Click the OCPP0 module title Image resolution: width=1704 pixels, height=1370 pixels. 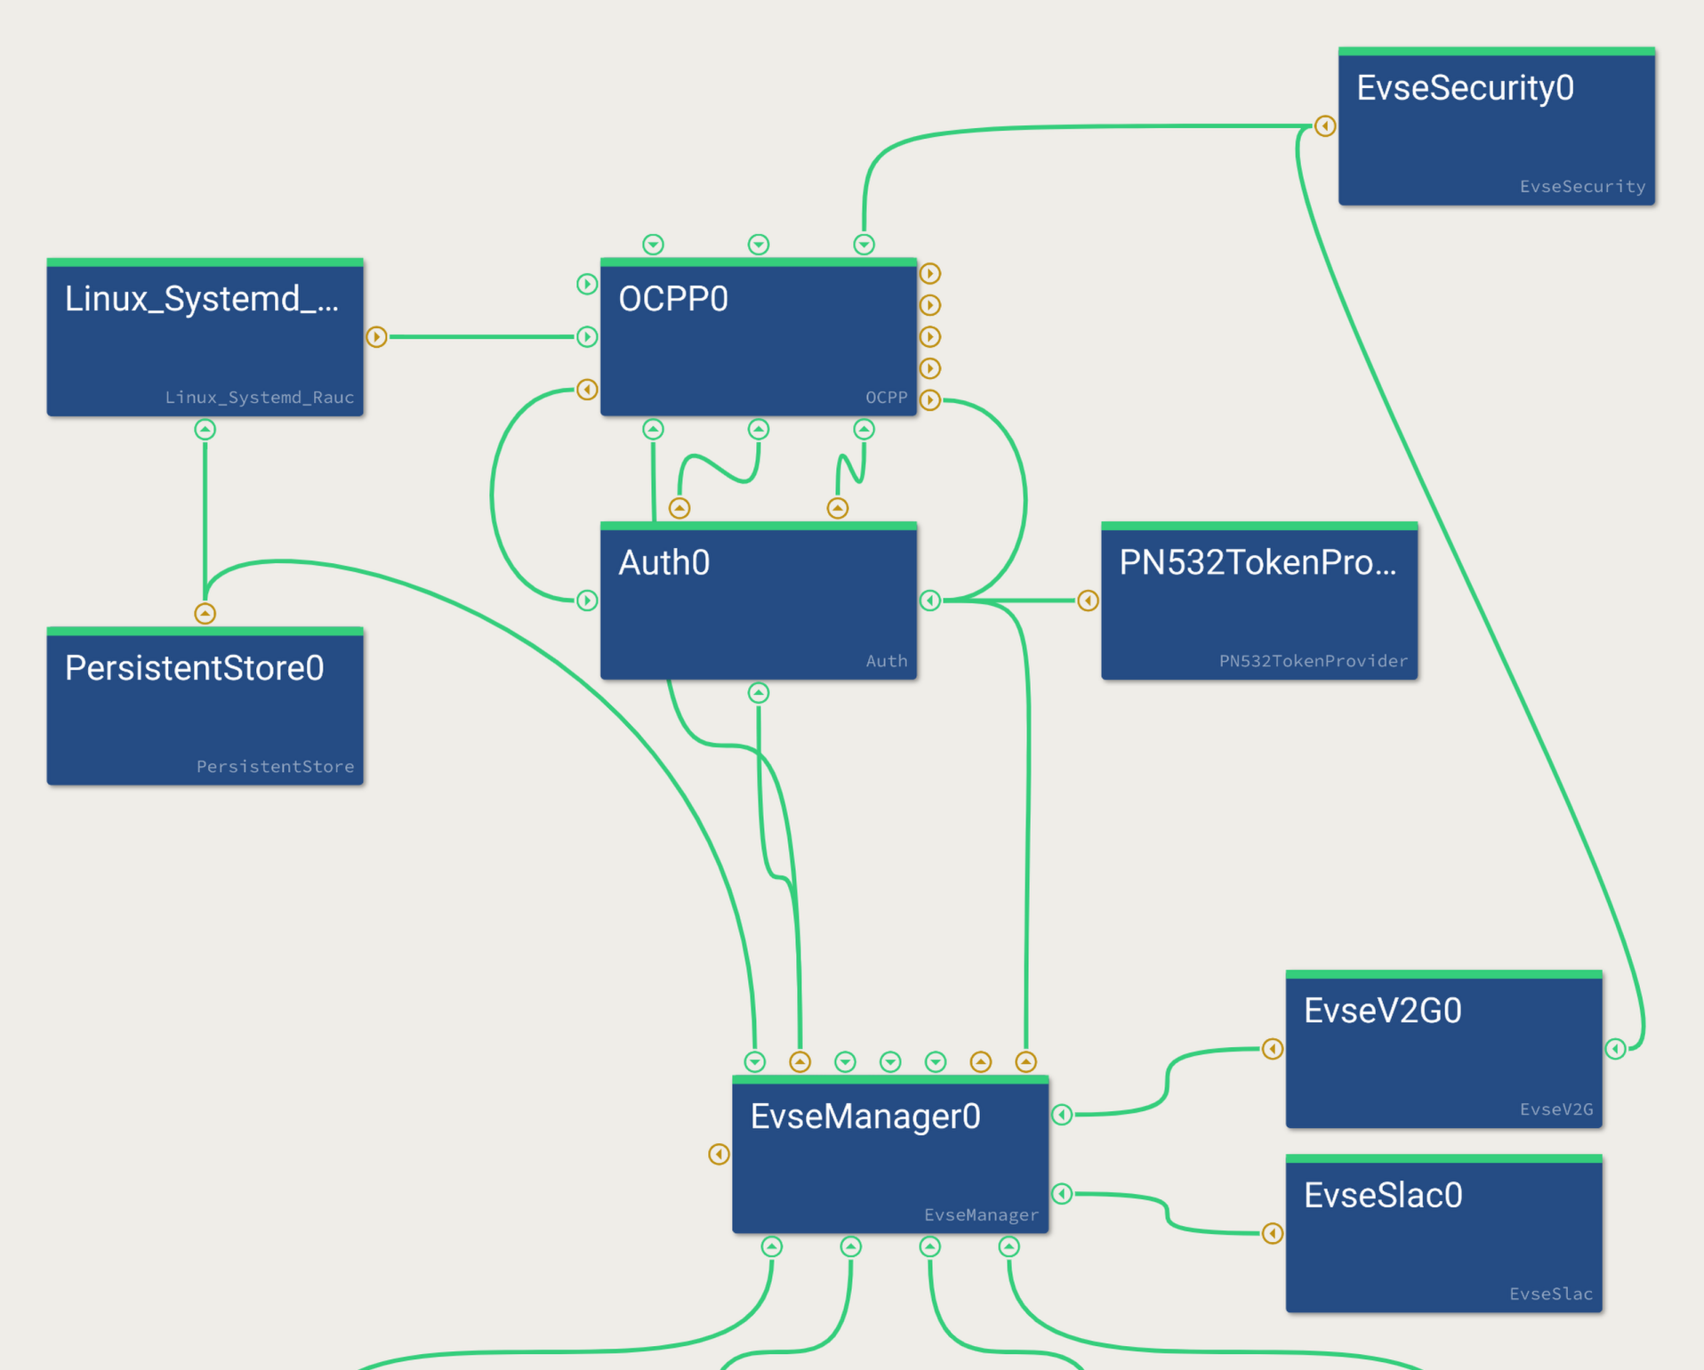point(673,299)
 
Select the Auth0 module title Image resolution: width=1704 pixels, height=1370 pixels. point(663,563)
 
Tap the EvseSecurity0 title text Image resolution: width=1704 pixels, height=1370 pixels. point(1465,88)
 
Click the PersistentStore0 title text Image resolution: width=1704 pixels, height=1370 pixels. point(194,668)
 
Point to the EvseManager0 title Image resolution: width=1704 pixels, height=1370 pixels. point(864,1116)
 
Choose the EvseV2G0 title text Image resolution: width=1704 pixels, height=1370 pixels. point(1382,1011)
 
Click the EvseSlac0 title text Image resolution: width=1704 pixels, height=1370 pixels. point(1382,1196)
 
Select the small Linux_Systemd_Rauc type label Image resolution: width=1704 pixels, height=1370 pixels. point(259,398)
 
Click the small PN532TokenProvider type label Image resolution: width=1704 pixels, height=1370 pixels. point(1313,661)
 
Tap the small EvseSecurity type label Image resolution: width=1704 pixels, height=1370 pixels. point(1582,187)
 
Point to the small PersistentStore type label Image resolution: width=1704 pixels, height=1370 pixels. point(275,767)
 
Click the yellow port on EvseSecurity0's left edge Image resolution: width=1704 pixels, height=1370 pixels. point(1325,126)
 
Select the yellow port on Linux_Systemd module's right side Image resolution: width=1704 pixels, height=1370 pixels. point(376,337)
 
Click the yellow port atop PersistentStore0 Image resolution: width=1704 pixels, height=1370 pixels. point(205,614)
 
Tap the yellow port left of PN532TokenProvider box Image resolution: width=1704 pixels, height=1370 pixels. point(1088,600)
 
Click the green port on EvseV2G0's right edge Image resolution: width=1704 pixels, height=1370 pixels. point(1616,1049)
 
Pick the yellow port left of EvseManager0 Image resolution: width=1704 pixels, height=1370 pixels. point(719,1155)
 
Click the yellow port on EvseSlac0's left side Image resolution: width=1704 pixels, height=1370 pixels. point(1273,1233)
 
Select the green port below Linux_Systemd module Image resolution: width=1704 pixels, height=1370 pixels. point(205,430)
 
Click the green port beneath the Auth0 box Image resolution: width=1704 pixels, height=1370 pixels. point(759,693)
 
